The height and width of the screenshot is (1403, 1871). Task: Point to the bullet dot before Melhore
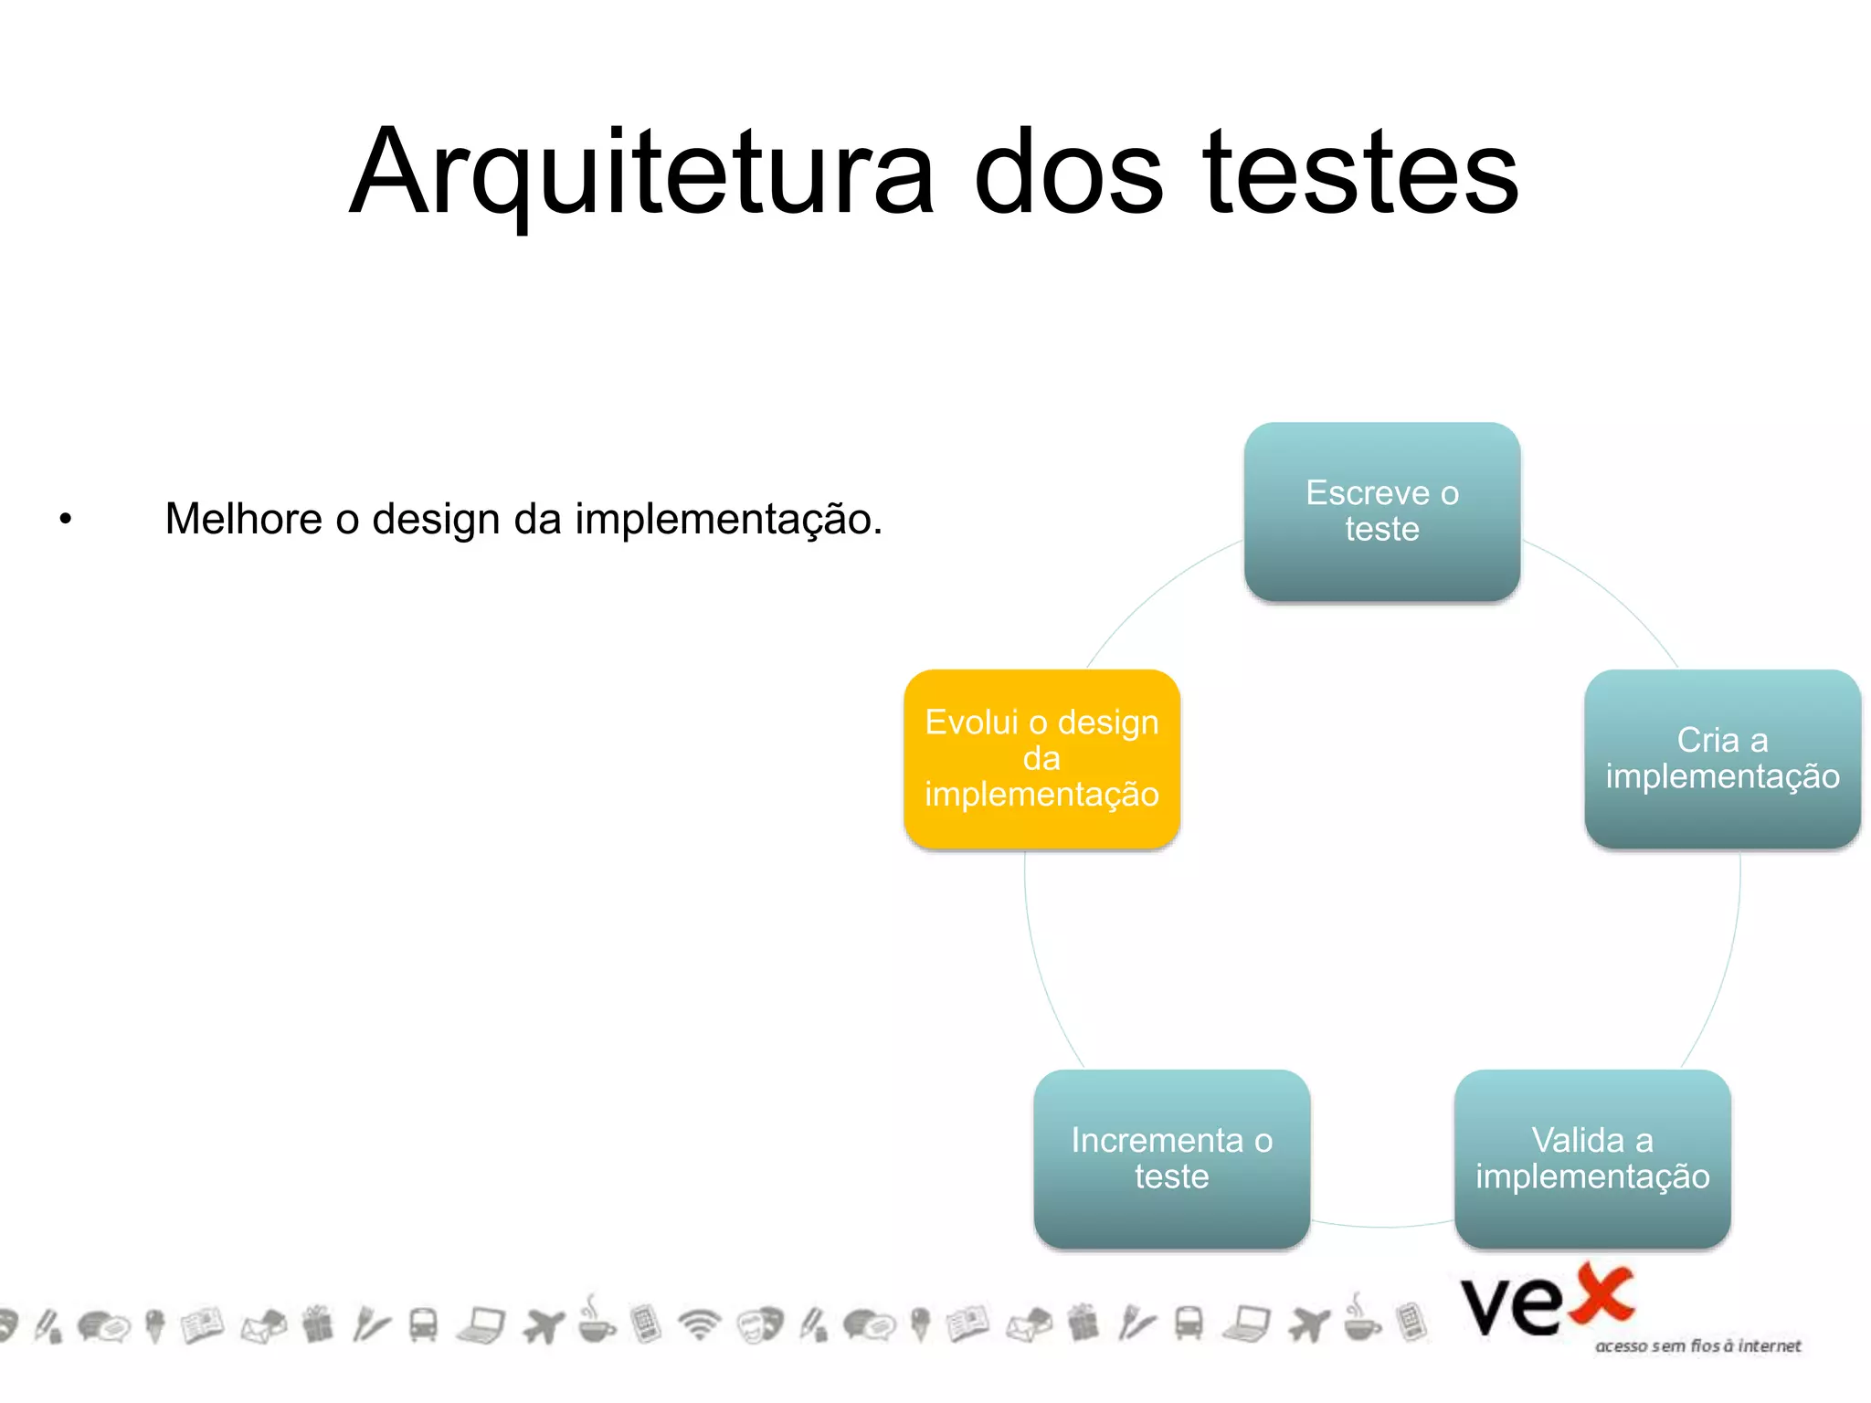pos(65,520)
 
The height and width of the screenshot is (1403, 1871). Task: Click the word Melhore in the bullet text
pos(243,519)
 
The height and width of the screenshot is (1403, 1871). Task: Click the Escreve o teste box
pos(1381,512)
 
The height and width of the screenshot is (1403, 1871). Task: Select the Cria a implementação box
pos(1722,759)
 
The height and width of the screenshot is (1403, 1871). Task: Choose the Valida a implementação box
pos(1591,1158)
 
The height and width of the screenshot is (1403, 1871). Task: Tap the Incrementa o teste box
pos(1171,1158)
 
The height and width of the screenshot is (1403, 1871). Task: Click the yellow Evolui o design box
pos(1041,759)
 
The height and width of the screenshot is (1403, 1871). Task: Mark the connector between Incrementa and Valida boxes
pos(1382,1227)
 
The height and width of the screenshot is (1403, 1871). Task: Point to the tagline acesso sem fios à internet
pos(1697,1345)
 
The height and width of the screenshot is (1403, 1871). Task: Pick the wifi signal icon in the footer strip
pos(700,1324)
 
